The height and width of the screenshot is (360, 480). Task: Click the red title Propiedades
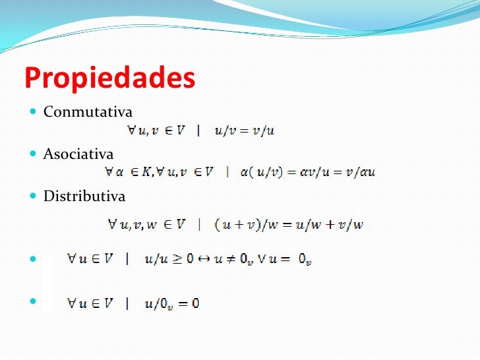[109, 78]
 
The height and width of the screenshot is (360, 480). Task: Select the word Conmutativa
[88, 112]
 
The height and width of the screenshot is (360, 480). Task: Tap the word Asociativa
[78, 154]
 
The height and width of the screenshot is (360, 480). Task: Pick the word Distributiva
[84, 196]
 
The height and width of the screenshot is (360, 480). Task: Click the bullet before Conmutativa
[34, 112]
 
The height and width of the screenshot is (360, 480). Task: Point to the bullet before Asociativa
[34, 154]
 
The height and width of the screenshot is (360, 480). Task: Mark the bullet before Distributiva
[34, 196]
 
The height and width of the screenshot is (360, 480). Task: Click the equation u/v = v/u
[244, 131]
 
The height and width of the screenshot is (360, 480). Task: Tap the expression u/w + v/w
[330, 225]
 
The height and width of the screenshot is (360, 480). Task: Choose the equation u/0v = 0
[172, 303]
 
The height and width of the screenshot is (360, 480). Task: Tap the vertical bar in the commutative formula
[198, 131]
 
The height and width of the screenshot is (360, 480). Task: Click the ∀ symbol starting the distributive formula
[112, 225]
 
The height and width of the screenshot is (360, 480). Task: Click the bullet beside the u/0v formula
[34, 303]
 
